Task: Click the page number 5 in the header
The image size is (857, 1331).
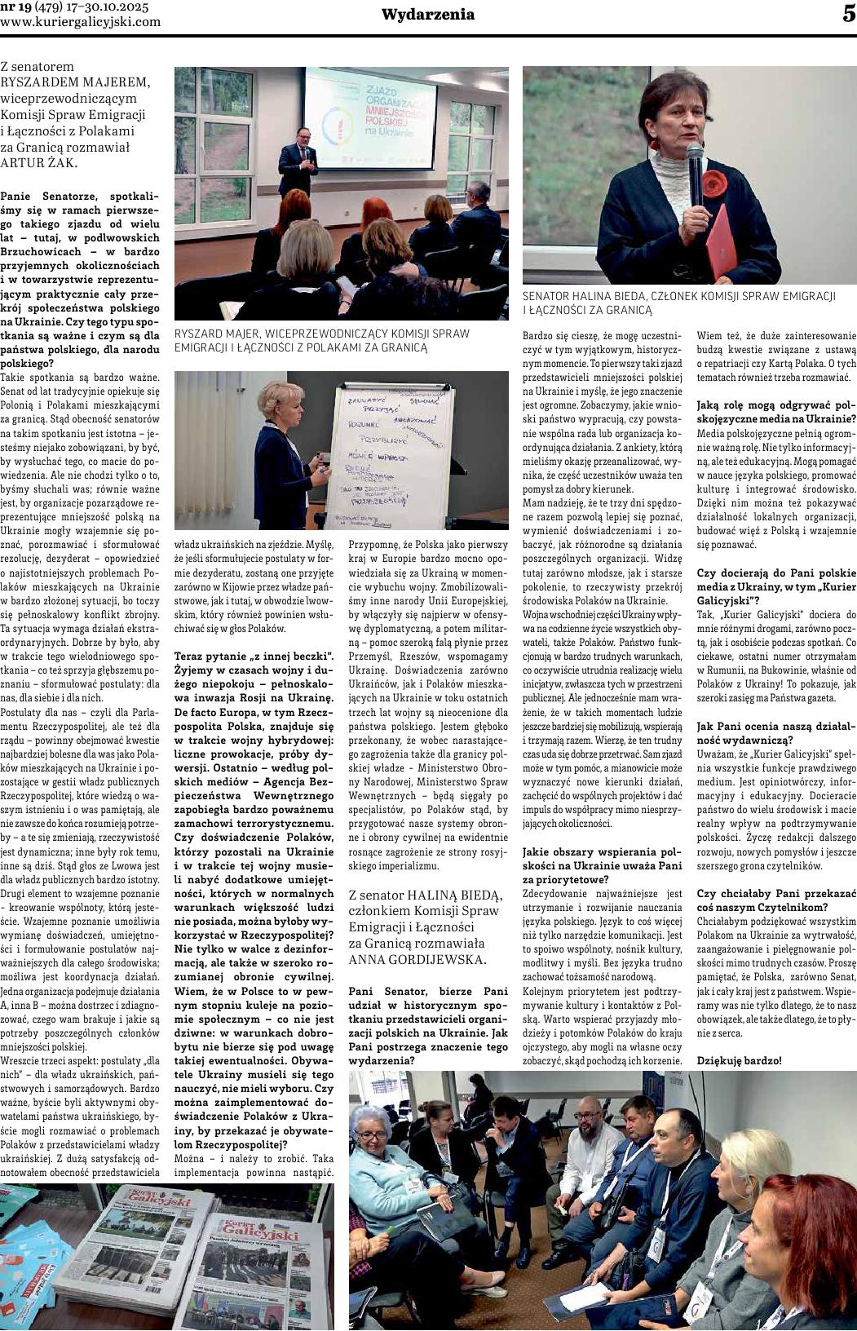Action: click(847, 15)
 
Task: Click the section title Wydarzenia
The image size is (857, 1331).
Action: click(428, 15)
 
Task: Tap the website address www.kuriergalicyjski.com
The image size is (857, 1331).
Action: click(81, 22)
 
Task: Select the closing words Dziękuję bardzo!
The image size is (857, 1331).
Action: click(739, 1060)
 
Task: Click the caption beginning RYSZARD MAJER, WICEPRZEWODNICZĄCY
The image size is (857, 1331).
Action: click(322, 340)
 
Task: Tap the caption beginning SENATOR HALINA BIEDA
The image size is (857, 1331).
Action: click(678, 303)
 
